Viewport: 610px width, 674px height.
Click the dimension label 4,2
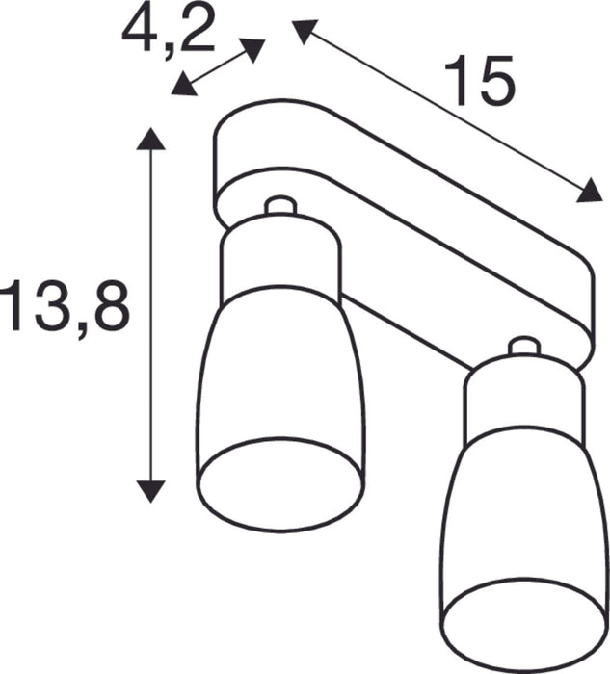[169, 31]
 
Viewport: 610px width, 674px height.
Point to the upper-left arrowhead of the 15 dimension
[304, 33]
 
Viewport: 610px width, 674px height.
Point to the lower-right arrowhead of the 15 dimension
[590, 194]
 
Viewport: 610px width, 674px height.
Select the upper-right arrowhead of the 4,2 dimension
[253, 48]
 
